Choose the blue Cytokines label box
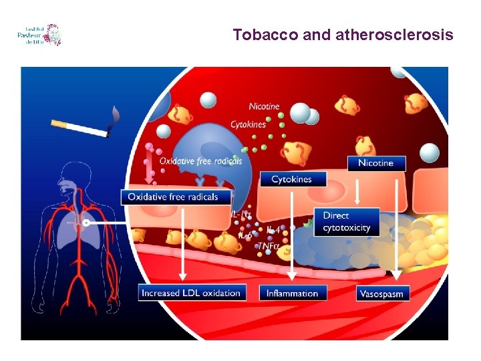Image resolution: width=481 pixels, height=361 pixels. pos(291,179)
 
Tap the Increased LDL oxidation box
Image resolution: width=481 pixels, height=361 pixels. pos(191,293)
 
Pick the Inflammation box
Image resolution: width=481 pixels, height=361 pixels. pos(292,293)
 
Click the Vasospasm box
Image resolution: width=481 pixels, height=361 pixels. pos(381,293)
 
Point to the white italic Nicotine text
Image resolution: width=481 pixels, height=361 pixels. pos(264,106)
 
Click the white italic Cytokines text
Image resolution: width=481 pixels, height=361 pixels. pos(249,124)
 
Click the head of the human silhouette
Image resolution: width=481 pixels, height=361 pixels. pos(69,176)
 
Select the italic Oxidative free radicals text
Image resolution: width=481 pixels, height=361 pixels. pos(200,160)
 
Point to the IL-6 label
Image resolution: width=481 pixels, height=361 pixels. pos(247,235)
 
